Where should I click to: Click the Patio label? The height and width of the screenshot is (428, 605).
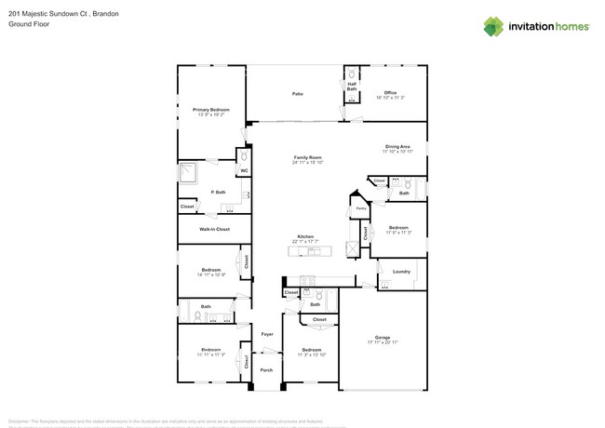click(298, 94)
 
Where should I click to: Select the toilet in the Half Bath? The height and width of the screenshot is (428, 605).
click(351, 74)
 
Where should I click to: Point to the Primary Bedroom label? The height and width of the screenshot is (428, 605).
click(211, 110)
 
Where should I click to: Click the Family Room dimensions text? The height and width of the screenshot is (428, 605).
click(307, 163)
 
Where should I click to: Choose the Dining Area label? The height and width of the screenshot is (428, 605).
click(398, 147)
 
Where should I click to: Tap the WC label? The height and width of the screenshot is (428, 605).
click(243, 171)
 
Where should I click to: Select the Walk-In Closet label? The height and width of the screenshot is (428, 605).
click(214, 229)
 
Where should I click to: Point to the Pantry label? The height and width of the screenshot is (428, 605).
click(360, 208)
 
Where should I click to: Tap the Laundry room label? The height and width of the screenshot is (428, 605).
click(401, 272)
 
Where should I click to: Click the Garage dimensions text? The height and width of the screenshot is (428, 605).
click(383, 342)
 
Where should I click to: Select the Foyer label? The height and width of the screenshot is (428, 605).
click(267, 333)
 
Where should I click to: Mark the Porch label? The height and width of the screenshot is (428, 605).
click(266, 369)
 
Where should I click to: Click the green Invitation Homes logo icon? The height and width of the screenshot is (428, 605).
click(493, 27)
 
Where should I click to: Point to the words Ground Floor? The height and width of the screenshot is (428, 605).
click(28, 25)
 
